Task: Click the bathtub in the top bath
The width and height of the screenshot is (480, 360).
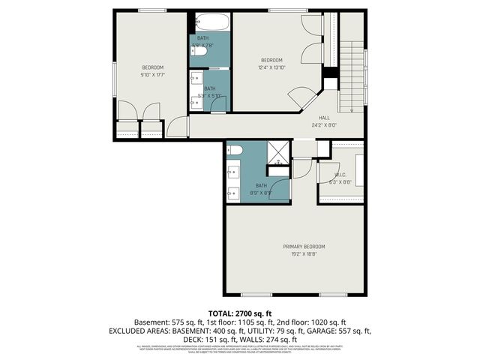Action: coord(210,22)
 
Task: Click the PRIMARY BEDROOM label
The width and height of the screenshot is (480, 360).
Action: coord(304,247)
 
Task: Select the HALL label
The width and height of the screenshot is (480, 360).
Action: coord(324,118)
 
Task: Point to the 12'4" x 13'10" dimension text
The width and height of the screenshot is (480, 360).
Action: coord(271,67)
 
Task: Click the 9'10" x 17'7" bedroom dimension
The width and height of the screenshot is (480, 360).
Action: coord(151,74)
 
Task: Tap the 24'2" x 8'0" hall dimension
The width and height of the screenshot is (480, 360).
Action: coord(324,125)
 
